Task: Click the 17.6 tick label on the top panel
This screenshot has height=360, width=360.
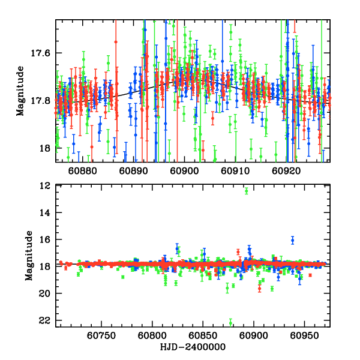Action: [41, 53]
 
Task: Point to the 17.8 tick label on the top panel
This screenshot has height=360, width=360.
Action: [41, 100]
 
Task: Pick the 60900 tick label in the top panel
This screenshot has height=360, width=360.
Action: [183, 171]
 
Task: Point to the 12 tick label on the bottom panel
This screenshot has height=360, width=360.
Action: [44, 186]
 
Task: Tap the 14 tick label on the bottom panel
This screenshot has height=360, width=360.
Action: [44, 213]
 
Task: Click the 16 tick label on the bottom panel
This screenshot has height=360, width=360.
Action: [44, 239]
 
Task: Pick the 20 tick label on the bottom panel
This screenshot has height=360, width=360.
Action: [44, 293]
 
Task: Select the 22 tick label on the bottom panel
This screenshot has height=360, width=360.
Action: [44, 320]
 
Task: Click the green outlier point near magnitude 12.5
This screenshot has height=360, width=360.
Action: [247, 191]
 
